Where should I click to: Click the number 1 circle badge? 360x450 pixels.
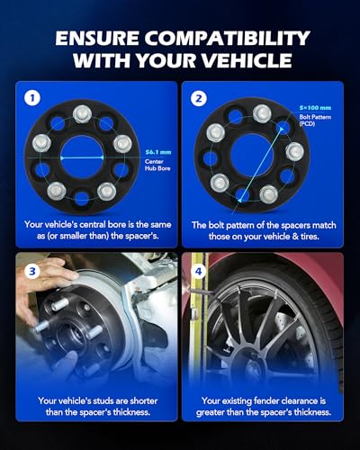32,98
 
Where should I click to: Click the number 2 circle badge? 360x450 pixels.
199,98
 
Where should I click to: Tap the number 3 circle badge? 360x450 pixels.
32,272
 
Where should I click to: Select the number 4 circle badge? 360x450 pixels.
199,272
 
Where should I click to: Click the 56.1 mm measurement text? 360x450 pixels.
158,152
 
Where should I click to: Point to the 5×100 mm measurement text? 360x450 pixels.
315,108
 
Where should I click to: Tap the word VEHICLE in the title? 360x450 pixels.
244,60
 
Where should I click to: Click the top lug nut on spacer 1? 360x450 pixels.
83,114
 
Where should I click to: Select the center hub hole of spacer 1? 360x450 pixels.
82,157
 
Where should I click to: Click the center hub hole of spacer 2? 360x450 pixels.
253,155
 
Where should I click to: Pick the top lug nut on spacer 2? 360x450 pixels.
262,113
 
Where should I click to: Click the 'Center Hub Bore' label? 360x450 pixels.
157,165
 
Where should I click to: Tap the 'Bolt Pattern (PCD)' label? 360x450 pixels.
315,120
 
